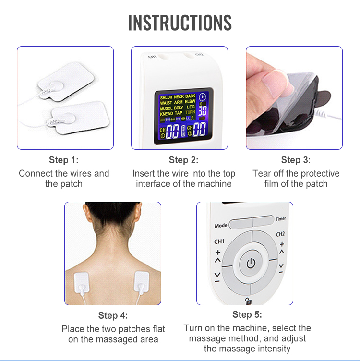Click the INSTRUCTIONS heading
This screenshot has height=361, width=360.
click(x=180, y=23)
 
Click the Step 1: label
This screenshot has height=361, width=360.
click(x=63, y=160)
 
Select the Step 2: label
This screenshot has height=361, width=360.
click(x=183, y=160)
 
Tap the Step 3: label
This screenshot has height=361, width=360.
click(x=296, y=160)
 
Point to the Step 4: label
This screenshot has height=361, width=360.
click(x=113, y=316)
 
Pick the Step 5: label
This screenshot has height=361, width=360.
click(x=247, y=315)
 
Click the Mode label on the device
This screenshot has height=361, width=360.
click(x=221, y=225)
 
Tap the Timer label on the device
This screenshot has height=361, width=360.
click(x=281, y=219)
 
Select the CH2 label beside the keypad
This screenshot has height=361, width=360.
click(x=281, y=234)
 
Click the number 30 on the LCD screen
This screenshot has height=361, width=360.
click(x=204, y=109)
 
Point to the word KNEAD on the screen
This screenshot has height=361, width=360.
click(x=167, y=113)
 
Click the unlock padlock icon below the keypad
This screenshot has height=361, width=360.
click(x=248, y=301)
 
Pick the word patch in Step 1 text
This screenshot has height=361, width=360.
click(x=72, y=184)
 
